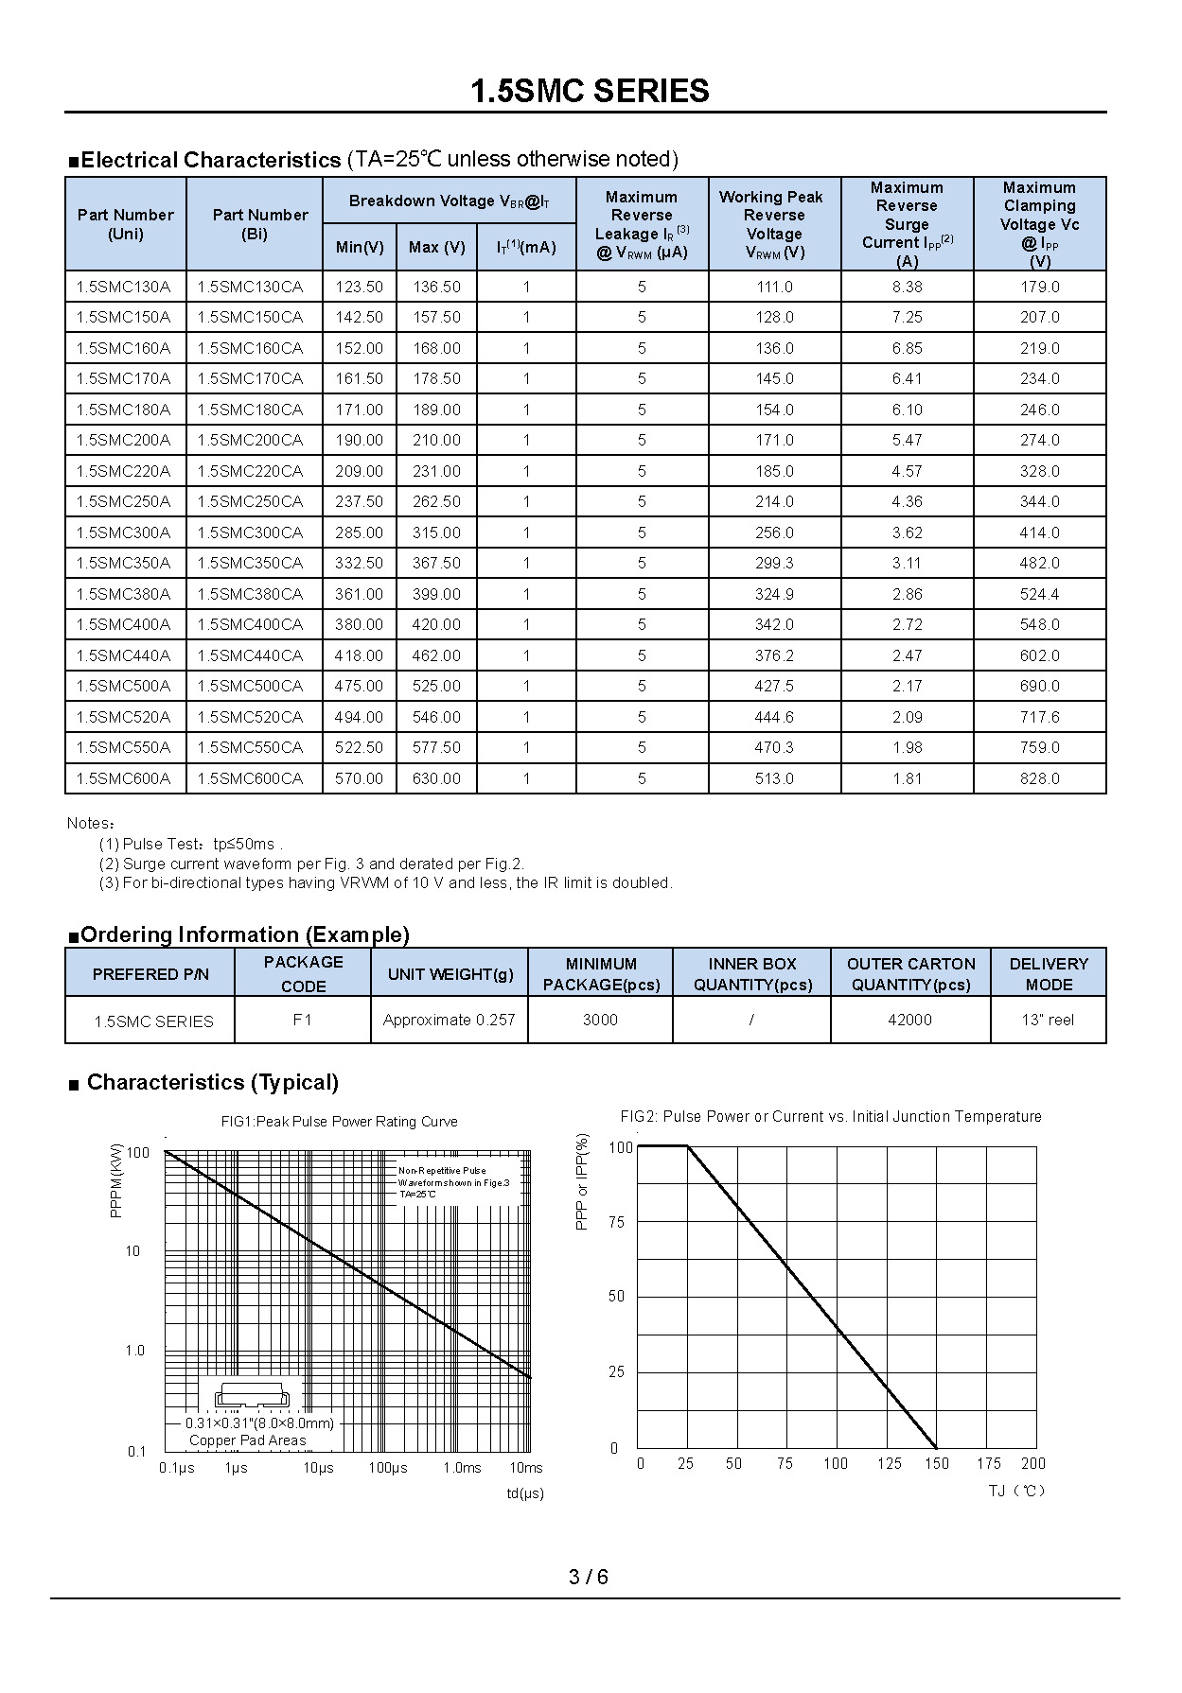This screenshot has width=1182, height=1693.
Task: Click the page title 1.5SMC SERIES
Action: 590,91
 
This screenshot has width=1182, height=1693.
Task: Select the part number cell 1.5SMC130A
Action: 124,287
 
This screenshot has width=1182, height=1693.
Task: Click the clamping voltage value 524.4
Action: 1039,594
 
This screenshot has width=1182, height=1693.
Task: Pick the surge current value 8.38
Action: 907,287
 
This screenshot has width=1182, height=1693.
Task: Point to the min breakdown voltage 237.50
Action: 359,501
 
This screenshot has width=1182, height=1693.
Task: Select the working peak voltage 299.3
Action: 774,563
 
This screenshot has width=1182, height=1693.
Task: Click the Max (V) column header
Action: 436,247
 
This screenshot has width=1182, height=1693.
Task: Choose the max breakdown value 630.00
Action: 436,778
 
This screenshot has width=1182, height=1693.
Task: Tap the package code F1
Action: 302,1020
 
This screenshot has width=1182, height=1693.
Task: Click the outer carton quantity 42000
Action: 909,1020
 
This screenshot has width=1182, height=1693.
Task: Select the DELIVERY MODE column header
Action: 1048,973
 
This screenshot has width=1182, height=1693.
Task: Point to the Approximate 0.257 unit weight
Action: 449,1020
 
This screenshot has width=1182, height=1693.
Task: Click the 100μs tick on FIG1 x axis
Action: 388,1468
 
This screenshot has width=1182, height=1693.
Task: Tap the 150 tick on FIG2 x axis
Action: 937,1463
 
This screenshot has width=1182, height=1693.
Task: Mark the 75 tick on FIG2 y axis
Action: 617,1222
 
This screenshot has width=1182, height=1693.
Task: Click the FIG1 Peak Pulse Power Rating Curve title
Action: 339,1122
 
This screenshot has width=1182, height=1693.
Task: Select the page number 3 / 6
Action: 589,1577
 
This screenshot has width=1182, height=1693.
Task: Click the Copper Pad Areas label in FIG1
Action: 247,1440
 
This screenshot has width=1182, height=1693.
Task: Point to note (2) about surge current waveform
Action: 311,864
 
